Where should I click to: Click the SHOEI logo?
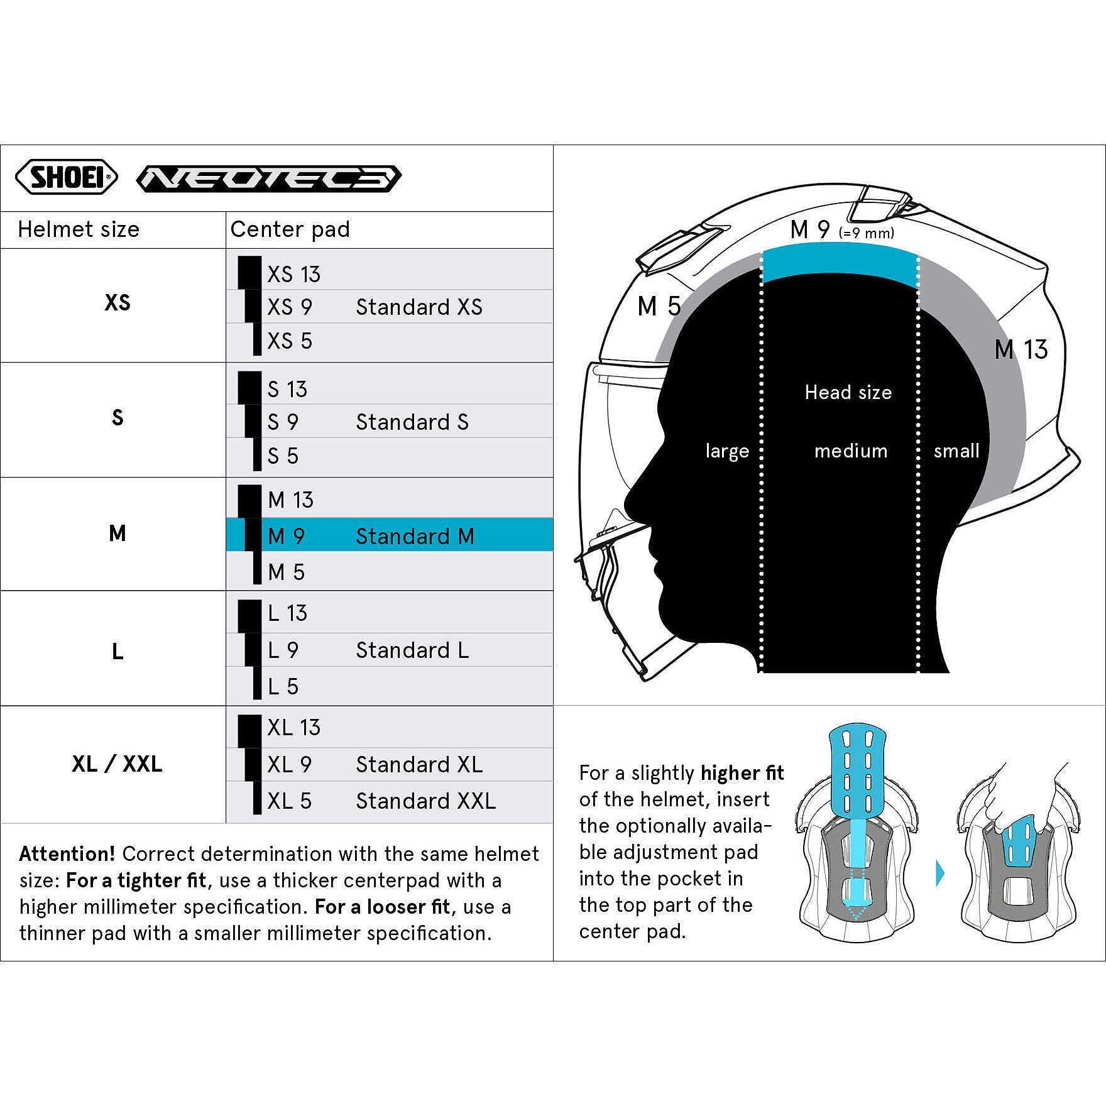coord(67,177)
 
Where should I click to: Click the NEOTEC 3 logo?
coord(269,178)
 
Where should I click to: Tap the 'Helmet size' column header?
coord(79,229)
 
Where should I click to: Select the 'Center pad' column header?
coord(290,229)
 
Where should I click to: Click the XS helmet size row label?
coord(118,303)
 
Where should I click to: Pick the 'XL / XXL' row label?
coord(118,764)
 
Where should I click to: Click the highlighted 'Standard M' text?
coord(415,536)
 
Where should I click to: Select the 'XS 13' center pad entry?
coord(293,274)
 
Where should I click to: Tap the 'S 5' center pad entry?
coord(283,456)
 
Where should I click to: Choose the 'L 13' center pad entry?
coord(287,613)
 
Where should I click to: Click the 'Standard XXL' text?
coord(425,801)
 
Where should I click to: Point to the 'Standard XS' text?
coord(419,307)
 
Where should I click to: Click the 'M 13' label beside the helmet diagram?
coord(1021,349)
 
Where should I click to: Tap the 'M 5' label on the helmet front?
coord(659,307)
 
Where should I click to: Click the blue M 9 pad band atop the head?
coord(840,263)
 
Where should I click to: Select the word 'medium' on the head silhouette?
coord(851,451)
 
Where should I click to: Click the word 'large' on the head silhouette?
coord(727,451)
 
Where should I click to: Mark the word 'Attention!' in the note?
coord(67,853)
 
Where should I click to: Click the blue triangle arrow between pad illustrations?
coord(940,873)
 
